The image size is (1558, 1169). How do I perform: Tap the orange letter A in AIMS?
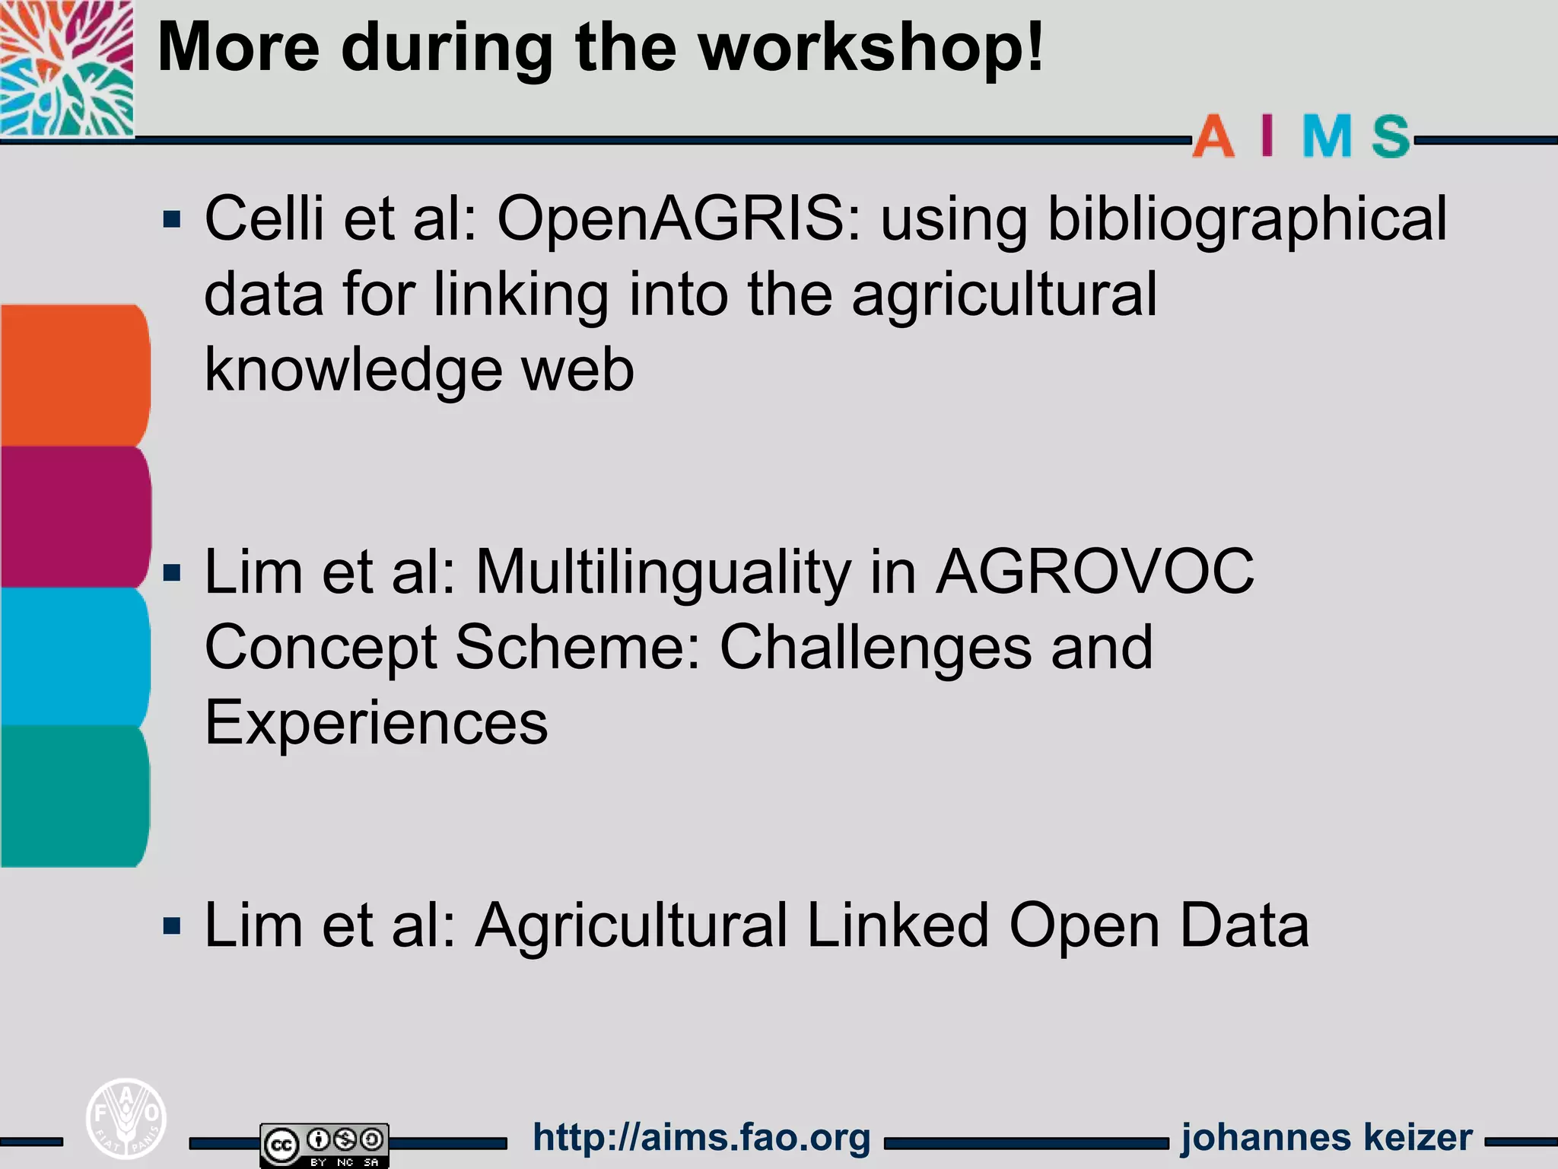point(1213,137)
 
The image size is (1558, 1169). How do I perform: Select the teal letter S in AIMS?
point(1391,137)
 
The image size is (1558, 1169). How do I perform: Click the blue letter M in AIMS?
point(1327,137)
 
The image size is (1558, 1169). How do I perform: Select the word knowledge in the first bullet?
point(354,371)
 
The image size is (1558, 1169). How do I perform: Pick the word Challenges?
point(936,648)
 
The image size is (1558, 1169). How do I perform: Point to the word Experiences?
point(376,723)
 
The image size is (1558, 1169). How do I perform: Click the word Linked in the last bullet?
point(897,925)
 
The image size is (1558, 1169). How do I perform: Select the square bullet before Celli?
point(173,220)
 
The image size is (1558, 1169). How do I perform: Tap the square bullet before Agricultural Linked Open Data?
point(173,926)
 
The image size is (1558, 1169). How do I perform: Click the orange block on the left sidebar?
point(74,374)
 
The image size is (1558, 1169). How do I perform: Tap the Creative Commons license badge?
point(324,1145)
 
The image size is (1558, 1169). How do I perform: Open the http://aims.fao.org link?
point(701,1137)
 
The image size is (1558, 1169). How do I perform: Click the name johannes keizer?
point(1327,1137)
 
